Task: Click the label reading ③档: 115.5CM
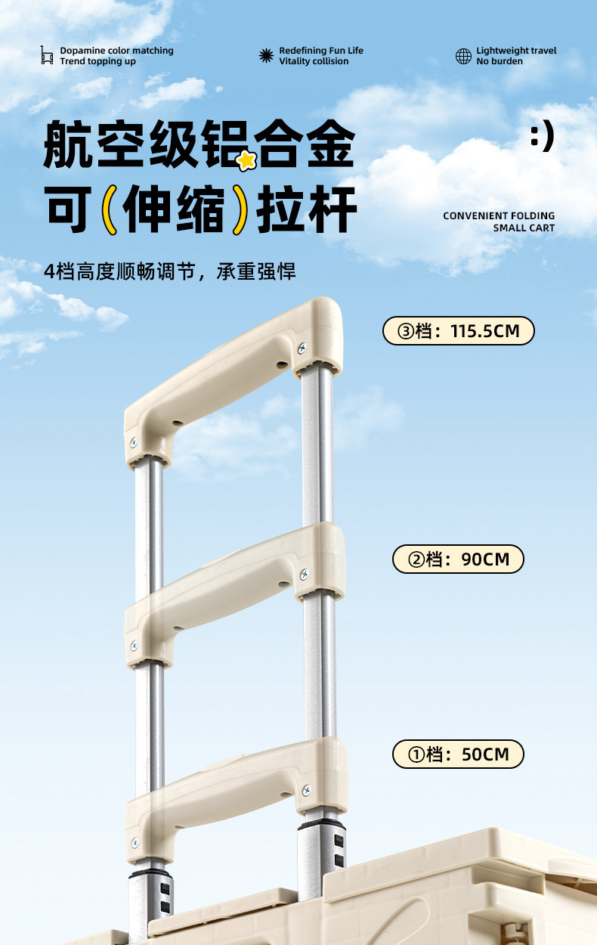click(458, 331)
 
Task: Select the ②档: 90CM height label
click(458, 559)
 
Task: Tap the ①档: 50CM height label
click(458, 754)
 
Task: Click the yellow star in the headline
click(246, 160)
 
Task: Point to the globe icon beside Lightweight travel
click(463, 56)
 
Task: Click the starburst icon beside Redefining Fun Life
click(266, 56)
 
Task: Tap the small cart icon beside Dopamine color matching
click(47, 55)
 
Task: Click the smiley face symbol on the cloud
click(543, 137)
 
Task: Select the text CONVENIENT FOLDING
click(499, 216)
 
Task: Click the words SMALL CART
click(524, 228)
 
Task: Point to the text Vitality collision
click(314, 61)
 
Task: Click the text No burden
click(499, 61)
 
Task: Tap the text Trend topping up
click(98, 61)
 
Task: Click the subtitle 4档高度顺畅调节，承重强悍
click(170, 271)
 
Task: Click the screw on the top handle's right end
click(302, 349)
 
